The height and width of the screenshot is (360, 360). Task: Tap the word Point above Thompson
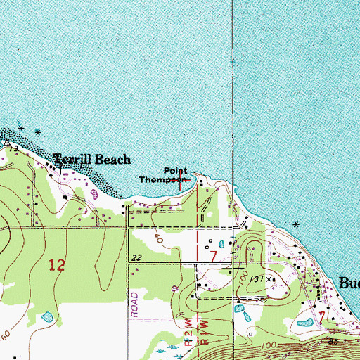(x=176, y=171)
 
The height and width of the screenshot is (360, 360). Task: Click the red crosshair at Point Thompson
(x=181, y=181)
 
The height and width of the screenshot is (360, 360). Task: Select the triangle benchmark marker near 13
(x=6, y=143)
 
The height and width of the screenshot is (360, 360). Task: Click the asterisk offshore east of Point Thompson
(x=296, y=225)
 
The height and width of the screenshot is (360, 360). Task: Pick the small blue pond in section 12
(x=46, y=318)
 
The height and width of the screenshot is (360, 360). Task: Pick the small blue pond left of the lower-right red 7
(x=304, y=323)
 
